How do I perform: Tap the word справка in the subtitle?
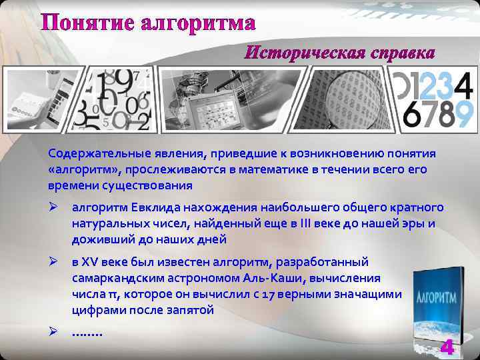[x=399, y=52]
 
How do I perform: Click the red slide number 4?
[x=447, y=347]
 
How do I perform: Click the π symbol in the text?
[x=103, y=295]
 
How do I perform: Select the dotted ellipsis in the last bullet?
[x=87, y=331]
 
